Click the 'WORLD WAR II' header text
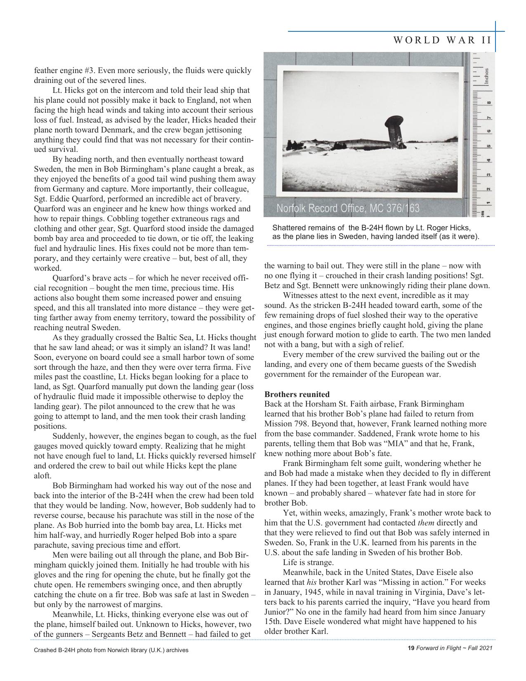point(442,40)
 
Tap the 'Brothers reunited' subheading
point(297,394)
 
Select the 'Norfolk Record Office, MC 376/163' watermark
point(348,208)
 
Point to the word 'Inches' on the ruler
point(487,76)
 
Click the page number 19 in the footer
point(410,648)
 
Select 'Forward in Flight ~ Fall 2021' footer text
point(454,648)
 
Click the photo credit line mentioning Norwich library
point(111,650)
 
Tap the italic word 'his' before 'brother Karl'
point(311,582)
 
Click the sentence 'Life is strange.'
point(308,563)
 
